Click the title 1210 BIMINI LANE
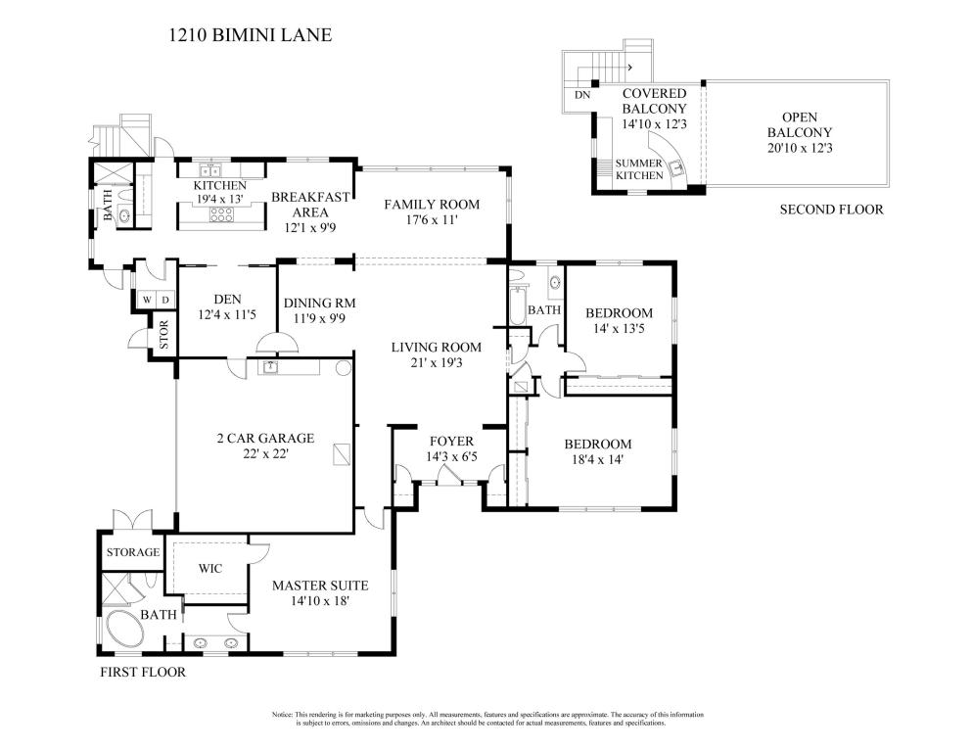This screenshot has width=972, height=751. coord(250,34)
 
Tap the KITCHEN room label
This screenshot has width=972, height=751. coord(220,185)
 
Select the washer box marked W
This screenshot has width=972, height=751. coord(147,301)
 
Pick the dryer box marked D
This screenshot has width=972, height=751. coord(164,301)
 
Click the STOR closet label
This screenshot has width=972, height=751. coord(163,334)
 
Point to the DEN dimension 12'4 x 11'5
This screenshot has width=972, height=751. coord(227,314)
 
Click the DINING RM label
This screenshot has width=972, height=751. coord(320,304)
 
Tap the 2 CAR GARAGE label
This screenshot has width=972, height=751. coord(265,439)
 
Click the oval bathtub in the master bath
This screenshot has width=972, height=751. coord(125,630)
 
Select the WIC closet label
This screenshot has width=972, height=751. coord(210,568)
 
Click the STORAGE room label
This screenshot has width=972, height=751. coord(133,552)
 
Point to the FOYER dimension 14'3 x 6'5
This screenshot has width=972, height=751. coord(451,456)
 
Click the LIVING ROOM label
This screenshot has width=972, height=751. coord(437,348)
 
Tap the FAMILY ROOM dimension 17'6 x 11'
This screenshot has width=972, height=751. coord(432,219)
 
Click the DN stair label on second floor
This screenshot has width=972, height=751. coord(582,96)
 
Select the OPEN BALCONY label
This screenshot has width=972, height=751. coord(800,124)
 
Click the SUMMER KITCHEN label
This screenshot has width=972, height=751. coord(639,169)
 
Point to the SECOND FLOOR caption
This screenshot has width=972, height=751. coord(831,210)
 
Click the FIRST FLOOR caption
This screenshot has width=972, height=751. coord(143,672)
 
